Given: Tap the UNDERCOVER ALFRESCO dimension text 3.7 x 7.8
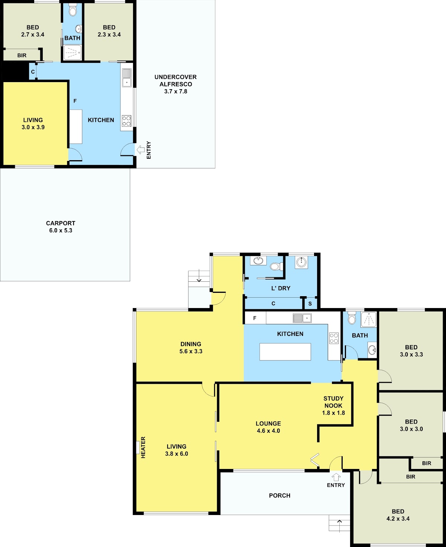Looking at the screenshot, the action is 176,91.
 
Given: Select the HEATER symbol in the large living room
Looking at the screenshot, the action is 138,447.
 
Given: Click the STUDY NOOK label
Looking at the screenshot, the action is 333,402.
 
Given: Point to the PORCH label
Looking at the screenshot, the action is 280,495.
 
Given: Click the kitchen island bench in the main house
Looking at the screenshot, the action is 285,352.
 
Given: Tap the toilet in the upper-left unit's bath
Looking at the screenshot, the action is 72,10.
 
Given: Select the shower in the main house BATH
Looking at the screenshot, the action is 368,320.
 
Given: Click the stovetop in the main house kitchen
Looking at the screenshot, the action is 334,338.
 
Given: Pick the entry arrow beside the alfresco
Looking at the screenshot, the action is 140,150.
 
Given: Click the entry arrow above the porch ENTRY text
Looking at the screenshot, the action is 336,477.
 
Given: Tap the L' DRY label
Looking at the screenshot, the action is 281,288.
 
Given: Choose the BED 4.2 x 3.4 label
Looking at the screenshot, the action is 398,515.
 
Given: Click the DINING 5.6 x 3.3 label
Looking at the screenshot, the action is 191,347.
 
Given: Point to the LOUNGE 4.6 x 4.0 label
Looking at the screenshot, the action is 268,427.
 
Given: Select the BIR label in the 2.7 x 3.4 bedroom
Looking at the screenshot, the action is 22,55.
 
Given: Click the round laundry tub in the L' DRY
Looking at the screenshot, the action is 301,262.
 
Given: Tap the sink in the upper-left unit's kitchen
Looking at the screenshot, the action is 127,78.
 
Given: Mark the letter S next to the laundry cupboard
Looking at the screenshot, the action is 310,304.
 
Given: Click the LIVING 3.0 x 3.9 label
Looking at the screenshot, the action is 33,123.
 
